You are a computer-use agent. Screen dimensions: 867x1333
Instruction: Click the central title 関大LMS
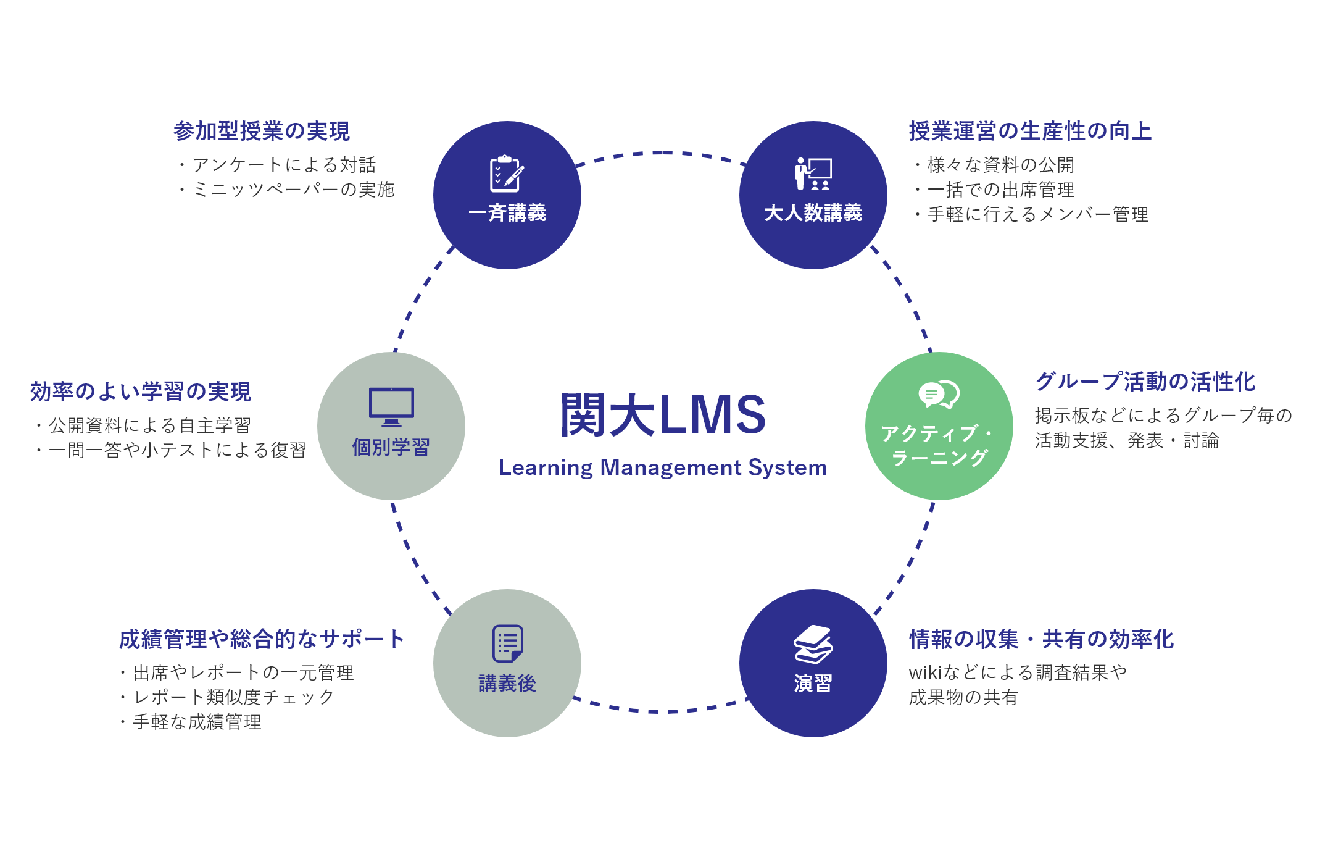click(663, 415)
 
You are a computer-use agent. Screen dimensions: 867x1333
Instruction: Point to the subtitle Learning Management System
click(663, 467)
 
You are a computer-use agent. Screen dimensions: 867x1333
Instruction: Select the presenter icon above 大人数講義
click(813, 174)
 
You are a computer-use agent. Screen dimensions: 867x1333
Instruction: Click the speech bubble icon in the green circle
click(939, 394)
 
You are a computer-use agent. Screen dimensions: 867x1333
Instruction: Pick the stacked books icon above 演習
click(813, 644)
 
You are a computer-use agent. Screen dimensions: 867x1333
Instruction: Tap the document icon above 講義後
click(507, 643)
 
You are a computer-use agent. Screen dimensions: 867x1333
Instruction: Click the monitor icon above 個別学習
click(391, 407)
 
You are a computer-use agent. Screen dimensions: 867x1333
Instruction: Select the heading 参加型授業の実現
click(262, 131)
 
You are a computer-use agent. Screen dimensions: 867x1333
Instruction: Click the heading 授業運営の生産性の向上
click(1030, 131)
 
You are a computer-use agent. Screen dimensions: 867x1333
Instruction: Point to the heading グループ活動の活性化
click(1145, 382)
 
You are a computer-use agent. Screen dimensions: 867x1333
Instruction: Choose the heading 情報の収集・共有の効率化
click(1042, 639)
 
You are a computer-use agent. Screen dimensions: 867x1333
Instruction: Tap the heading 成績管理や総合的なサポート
click(262, 639)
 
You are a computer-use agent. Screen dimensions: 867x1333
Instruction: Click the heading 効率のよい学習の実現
click(141, 392)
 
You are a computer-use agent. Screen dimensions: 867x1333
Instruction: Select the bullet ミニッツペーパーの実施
click(293, 190)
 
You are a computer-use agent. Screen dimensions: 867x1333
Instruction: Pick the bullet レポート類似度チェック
click(234, 697)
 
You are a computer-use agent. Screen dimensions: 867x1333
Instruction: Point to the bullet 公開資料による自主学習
click(149, 425)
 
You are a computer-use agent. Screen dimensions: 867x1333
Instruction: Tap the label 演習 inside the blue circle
click(813, 684)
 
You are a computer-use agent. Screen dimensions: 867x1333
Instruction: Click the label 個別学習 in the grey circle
click(391, 447)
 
